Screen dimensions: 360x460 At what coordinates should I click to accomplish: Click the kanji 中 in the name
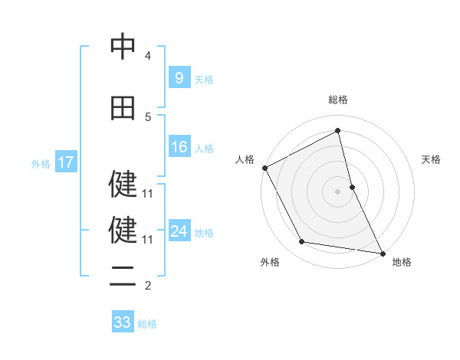[x=123, y=47]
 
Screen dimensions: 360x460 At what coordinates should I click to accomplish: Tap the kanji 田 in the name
[x=123, y=108]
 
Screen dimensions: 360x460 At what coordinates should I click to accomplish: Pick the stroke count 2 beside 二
[x=148, y=286]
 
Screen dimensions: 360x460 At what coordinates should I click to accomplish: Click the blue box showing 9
[x=179, y=77]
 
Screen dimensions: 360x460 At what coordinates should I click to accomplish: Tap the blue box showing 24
[x=179, y=231]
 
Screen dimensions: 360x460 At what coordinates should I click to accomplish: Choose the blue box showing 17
[x=65, y=162]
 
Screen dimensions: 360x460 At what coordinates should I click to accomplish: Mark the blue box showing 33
[x=123, y=322]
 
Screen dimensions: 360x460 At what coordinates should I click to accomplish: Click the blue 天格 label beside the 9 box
[x=204, y=79]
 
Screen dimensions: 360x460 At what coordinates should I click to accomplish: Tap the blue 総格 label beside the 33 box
[x=147, y=324]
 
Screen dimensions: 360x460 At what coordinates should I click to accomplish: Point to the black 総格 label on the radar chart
[x=337, y=100]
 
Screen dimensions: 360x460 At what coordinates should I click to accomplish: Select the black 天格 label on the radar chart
[x=432, y=159]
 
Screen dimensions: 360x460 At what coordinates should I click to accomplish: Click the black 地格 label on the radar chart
[x=402, y=263]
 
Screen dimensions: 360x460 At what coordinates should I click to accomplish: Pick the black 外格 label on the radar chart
[x=270, y=263]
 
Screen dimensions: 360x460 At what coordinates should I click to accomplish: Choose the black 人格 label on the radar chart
[x=245, y=159]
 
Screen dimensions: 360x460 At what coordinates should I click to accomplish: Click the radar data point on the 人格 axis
[x=264, y=168]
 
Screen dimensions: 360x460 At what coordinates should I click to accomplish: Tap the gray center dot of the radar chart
[x=337, y=191]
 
